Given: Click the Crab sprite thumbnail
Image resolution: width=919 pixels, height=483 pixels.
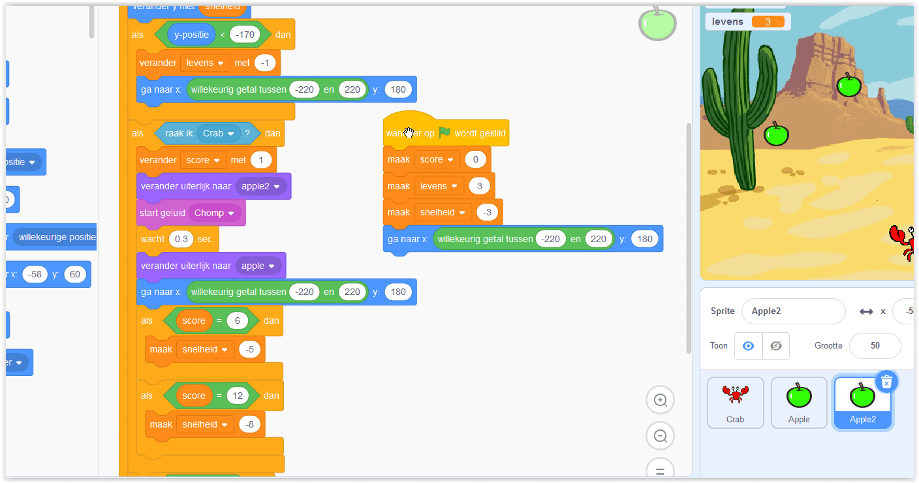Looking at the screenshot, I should tap(735, 402).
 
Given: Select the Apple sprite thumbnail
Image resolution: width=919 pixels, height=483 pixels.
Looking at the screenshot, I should tap(799, 402).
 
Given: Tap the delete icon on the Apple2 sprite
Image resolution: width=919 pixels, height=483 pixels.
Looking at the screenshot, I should tap(886, 382).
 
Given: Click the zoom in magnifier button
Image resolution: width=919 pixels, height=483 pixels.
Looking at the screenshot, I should tap(660, 400).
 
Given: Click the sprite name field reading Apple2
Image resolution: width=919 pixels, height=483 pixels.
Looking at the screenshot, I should tap(793, 311).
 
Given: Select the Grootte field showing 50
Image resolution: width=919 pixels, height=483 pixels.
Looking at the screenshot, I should tap(875, 345).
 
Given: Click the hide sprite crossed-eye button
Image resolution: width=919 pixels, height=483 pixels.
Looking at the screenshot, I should tap(775, 346).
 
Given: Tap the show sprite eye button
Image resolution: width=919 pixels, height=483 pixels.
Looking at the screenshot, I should tap(748, 346).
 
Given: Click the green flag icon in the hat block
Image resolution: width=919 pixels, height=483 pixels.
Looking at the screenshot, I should tap(444, 132).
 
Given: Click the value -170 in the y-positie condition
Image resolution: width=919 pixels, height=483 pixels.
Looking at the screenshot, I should tap(245, 34).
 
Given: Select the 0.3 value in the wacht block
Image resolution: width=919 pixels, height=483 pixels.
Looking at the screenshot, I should tap(181, 239).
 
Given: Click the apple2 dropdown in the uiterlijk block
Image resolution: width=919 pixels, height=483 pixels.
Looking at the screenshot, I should tap(261, 186).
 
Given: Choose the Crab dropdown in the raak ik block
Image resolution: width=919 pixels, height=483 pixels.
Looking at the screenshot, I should tap(219, 133).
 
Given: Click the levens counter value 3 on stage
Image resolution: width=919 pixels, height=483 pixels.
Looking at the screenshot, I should tap(768, 22).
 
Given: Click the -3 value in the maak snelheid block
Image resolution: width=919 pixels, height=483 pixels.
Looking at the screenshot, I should tap(487, 212).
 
